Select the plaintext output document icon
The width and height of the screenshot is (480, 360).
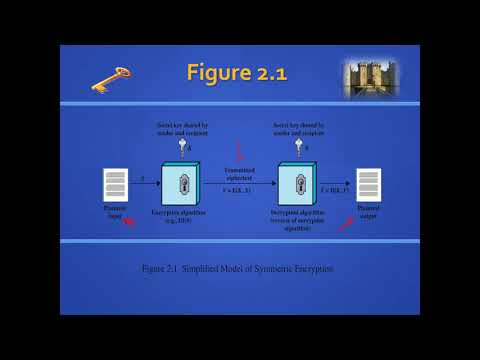point(369,184)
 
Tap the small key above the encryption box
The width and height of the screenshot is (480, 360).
point(181,146)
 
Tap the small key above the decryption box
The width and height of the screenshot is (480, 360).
point(299,146)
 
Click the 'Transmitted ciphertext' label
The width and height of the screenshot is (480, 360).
point(239,173)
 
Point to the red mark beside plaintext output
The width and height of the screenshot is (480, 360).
point(344,223)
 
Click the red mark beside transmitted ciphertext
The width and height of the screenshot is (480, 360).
point(239,153)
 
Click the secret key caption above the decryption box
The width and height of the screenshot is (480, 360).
point(299,127)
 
